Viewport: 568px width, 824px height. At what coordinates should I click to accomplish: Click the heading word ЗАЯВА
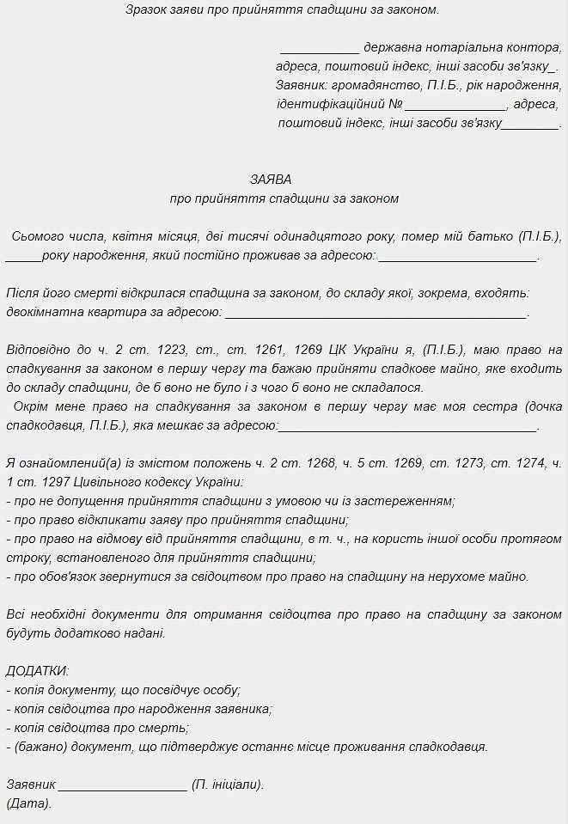point(271,180)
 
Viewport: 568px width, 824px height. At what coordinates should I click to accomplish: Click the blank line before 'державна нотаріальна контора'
point(319,47)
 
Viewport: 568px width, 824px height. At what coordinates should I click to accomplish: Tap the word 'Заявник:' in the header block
point(302,86)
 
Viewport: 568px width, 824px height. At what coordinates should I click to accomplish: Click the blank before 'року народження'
point(22,255)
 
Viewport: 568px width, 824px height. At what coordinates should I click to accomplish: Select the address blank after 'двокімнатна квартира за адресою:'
point(375,313)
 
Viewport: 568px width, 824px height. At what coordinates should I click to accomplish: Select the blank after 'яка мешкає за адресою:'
point(408,426)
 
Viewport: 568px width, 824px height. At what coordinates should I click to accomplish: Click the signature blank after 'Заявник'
point(123,785)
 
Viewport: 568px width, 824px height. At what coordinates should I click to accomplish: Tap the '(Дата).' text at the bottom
point(28,804)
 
